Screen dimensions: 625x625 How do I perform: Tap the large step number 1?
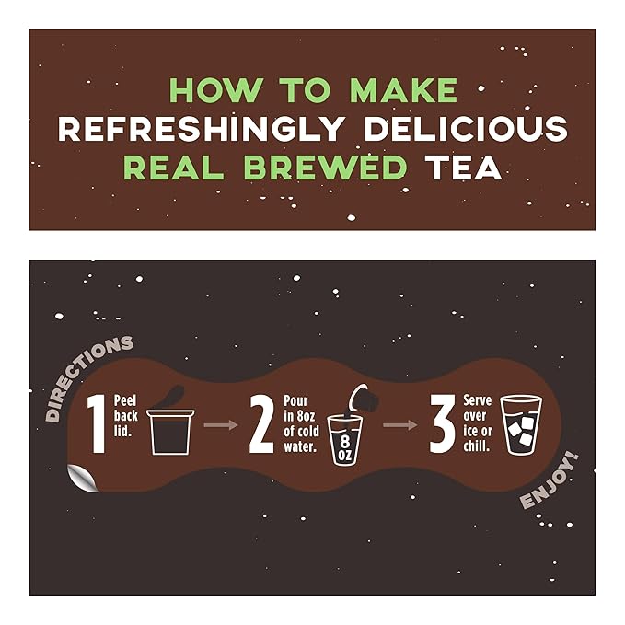pos(96,423)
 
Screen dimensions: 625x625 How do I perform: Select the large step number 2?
pos(261,423)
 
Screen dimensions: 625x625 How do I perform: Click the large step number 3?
pos(443,423)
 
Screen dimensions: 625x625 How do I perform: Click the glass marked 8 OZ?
pos(345,439)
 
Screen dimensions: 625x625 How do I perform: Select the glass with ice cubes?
pos(522,425)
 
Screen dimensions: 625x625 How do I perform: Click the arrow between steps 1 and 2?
pos(217,425)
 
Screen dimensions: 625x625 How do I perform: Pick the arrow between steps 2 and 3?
pos(399,425)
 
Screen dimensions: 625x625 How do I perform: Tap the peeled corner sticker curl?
pos(84,477)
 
